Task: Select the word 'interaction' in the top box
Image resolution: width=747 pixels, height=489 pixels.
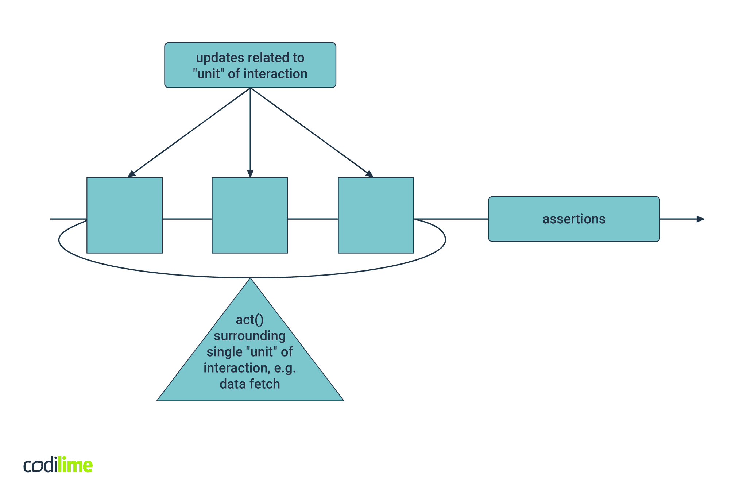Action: pyautogui.click(x=275, y=74)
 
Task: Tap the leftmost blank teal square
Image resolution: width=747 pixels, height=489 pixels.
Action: pyautogui.click(x=124, y=215)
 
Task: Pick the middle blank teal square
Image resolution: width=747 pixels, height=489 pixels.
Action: pyautogui.click(x=250, y=215)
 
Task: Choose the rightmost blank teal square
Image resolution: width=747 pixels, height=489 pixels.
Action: pyautogui.click(x=376, y=215)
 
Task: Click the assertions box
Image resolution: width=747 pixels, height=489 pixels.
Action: pyautogui.click(x=574, y=219)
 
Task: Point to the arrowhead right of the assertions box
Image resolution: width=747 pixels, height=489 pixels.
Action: pyautogui.click(x=700, y=219)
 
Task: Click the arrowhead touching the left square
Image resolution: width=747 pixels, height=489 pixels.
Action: pyautogui.click(x=131, y=174)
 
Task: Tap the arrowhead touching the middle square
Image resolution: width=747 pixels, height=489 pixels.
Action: pyautogui.click(x=250, y=173)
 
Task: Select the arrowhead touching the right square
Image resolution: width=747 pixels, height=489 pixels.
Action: pyautogui.click(x=369, y=174)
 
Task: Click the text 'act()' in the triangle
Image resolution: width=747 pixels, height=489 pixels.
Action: pyautogui.click(x=250, y=320)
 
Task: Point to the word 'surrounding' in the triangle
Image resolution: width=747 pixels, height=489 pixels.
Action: pyautogui.click(x=250, y=336)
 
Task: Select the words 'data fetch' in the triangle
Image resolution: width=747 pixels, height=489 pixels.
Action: pyautogui.click(x=250, y=384)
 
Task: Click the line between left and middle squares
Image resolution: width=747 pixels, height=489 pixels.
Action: pyautogui.click(x=187, y=219)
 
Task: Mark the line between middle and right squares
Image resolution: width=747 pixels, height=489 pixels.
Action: pyautogui.click(x=313, y=219)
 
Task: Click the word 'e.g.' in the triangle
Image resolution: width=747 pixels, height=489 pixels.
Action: pyautogui.click(x=285, y=368)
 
